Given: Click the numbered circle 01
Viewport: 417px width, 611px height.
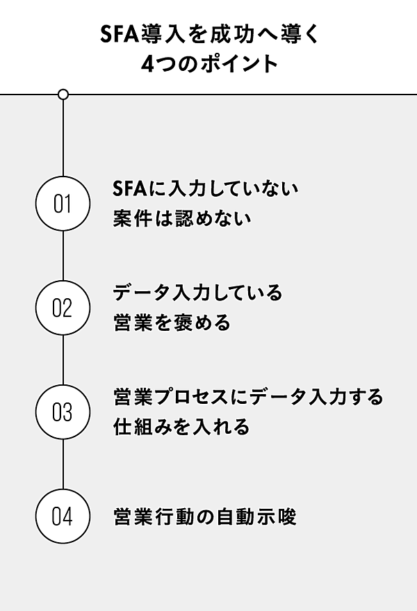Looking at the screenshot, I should [63, 204].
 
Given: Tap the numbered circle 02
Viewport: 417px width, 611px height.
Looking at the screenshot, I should [63, 308].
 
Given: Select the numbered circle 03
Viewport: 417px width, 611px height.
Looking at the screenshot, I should [63, 412].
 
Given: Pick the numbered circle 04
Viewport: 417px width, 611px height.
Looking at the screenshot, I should [63, 516].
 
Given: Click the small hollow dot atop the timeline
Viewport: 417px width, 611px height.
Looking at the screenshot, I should [63, 94].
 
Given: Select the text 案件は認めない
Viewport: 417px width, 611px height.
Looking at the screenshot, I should [181, 219].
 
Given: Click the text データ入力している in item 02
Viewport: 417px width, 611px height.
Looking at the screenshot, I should [198, 293].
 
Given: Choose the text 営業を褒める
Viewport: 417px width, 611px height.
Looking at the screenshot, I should [171, 323].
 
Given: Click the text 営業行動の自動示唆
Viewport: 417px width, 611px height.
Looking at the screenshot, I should [204, 516].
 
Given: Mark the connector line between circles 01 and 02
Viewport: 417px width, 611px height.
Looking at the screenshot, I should [63, 256].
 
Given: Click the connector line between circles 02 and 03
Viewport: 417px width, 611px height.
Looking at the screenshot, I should [63, 360].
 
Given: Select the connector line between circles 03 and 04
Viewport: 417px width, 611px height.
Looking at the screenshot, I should [63, 464].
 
